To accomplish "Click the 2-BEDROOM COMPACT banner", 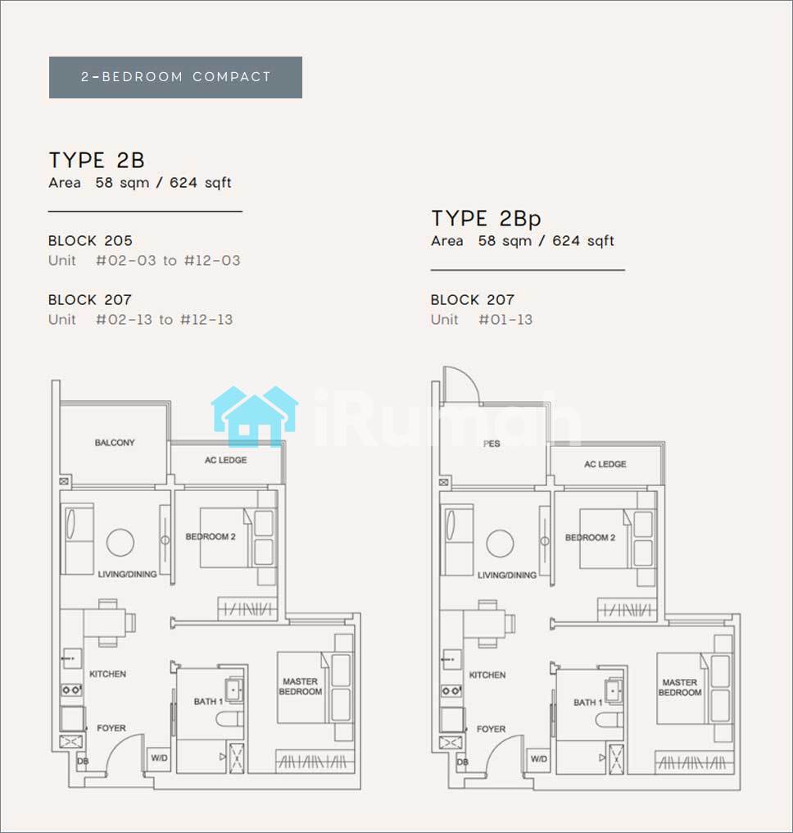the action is coord(175,77).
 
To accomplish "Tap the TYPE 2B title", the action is coord(97,160).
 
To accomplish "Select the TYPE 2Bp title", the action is coord(486,218).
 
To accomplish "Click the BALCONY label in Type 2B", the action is coord(115,443).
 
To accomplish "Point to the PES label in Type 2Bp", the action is coord(492,444).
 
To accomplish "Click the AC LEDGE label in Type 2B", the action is coord(225,460).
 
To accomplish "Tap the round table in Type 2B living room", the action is coord(120,543).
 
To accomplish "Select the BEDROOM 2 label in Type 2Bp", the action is coord(590,538).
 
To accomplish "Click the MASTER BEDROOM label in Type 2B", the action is coord(301,686).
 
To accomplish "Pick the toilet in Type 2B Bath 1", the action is coord(229,719).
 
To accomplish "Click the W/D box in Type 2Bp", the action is coord(539,759).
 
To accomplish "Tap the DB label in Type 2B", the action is coord(83,762).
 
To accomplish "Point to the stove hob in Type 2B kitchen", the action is coord(71,690).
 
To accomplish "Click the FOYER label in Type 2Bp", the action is coord(491,729).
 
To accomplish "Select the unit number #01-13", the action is coord(505,319).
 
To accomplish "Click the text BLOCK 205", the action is coord(90,241).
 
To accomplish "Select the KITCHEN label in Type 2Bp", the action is coord(487,675).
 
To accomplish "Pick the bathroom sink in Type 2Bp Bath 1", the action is coord(613,690).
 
